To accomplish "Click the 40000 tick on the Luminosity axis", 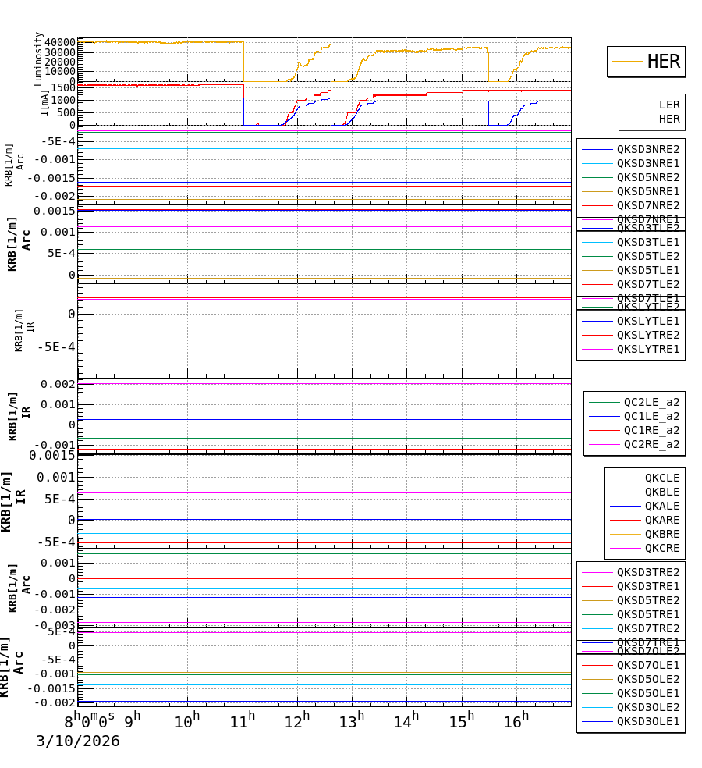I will (60, 42).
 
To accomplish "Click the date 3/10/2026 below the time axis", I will (78, 741).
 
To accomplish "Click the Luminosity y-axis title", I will (38, 59).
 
